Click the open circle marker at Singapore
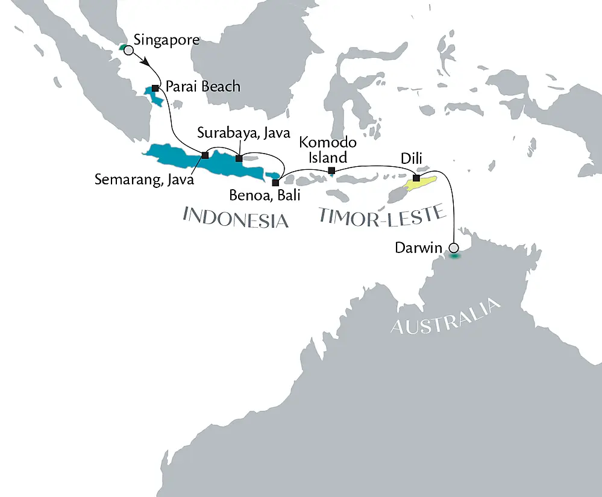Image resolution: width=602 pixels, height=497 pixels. pyautogui.click(x=128, y=51)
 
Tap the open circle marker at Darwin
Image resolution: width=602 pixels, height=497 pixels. pyautogui.click(x=454, y=248)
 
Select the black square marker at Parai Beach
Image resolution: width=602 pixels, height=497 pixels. pyautogui.click(x=155, y=89)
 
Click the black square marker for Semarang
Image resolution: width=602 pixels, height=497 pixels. pyautogui.click(x=205, y=155)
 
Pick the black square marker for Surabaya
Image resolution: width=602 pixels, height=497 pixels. pyautogui.click(x=239, y=159)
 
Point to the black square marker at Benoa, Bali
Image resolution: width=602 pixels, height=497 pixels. pyautogui.click(x=275, y=182)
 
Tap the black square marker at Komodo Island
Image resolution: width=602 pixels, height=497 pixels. pyautogui.click(x=331, y=171)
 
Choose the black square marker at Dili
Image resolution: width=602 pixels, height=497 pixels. pyautogui.click(x=416, y=178)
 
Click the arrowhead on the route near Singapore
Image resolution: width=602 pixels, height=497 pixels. pyautogui.click(x=145, y=61)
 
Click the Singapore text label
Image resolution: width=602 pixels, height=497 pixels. pyautogui.click(x=166, y=41)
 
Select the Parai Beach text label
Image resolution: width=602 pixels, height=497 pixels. pyautogui.click(x=202, y=87)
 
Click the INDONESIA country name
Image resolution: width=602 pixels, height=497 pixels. pyautogui.click(x=236, y=217)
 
